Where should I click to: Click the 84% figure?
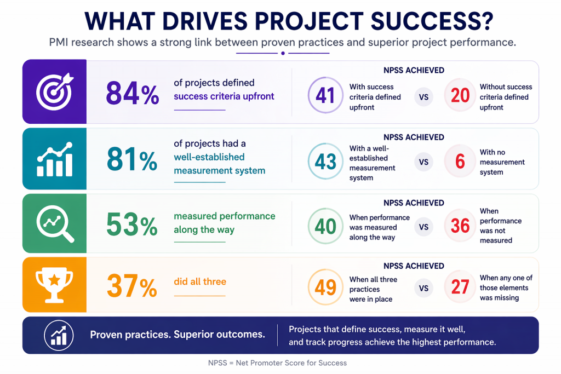click(133, 93)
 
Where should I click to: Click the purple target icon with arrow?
click(54, 92)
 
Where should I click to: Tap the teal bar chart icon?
click(54, 159)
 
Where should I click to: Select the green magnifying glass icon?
click(54, 223)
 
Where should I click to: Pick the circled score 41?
click(325, 95)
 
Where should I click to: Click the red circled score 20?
click(461, 95)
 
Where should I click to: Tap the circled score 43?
click(325, 162)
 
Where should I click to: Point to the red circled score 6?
click(461, 162)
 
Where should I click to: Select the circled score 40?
click(325, 226)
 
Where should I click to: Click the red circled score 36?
click(461, 226)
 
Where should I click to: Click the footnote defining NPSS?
click(277, 363)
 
